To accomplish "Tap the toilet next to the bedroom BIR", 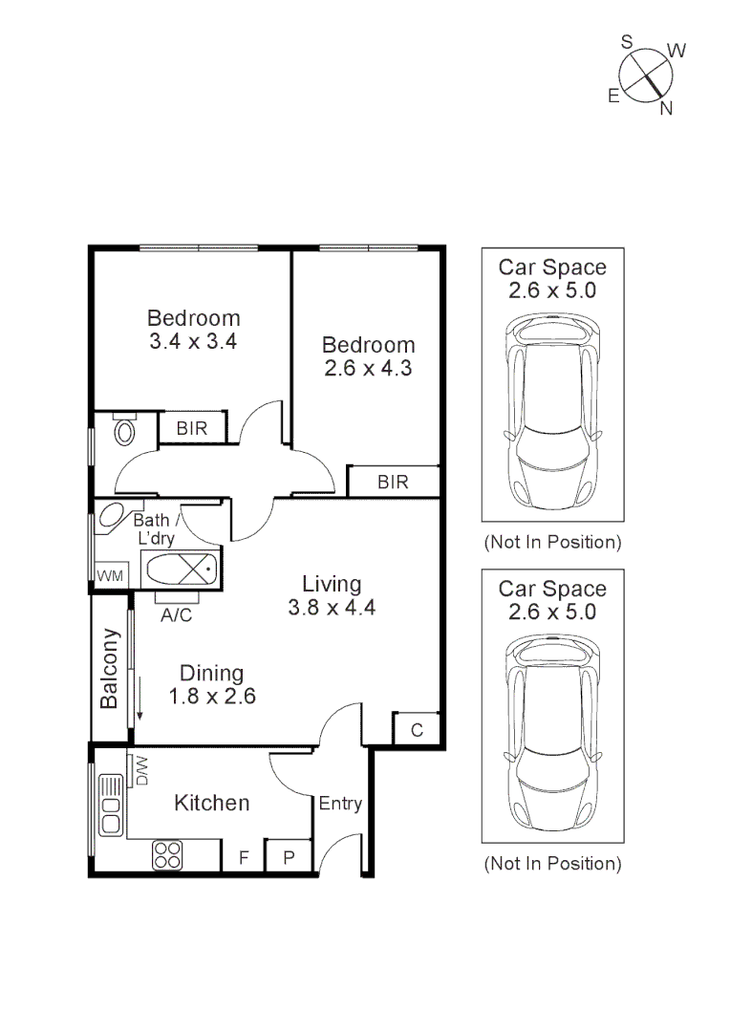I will tap(124, 430).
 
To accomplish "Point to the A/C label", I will tap(176, 615).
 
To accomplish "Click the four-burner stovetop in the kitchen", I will tap(168, 855).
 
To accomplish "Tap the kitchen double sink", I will tap(110, 803).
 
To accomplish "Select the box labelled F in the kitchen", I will tap(243, 858).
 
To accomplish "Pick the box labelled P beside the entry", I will tap(288, 858).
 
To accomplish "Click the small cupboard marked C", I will tap(417, 730).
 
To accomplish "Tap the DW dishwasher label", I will tap(141, 770).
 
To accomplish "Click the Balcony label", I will tap(110, 668).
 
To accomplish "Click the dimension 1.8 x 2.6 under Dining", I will tap(211, 697).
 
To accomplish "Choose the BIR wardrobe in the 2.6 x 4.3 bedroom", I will tap(393, 482).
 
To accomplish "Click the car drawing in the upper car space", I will tap(553, 414).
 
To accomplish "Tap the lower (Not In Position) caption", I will tap(552, 864).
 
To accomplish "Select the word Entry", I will tap(340, 804).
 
